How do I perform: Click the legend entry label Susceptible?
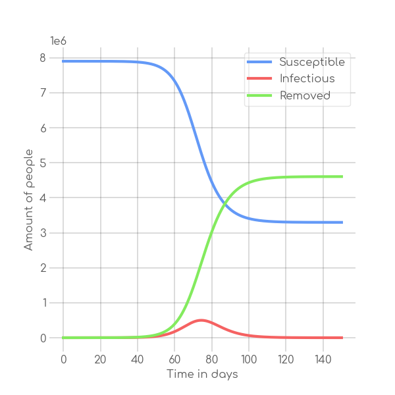[x=312, y=63]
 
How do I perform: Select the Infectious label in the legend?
[x=307, y=79]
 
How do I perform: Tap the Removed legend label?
[x=305, y=96]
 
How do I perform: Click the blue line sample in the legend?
[x=260, y=63]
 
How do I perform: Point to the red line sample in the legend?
[x=260, y=79]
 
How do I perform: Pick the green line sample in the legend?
[x=260, y=96]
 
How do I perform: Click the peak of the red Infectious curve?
[x=201, y=320]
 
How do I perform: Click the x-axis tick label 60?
[x=174, y=359]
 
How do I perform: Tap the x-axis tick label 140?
[x=323, y=359]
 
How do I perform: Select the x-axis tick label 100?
[x=249, y=359]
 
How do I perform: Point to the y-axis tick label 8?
[x=43, y=58]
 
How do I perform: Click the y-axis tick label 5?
[x=43, y=163]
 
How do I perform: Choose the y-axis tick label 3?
[x=43, y=233]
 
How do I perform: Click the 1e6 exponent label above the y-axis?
[x=59, y=41]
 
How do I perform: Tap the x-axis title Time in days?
[x=202, y=375]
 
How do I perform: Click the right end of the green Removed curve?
[x=342, y=176]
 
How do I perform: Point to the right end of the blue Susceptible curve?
[x=342, y=222]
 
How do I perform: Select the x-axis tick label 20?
[x=100, y=359]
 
